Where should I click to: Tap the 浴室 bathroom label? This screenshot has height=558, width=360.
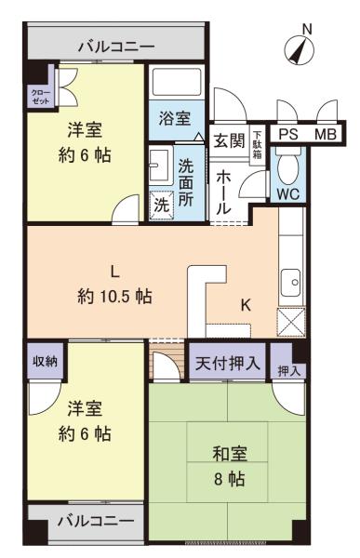175,118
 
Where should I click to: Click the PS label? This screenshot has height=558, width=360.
288,135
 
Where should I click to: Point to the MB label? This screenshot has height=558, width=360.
326,135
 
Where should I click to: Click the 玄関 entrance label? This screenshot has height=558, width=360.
229,140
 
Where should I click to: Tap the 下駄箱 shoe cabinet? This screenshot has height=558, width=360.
257,145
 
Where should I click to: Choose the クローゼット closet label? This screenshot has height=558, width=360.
41,97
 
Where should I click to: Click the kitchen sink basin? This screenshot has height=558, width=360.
291,283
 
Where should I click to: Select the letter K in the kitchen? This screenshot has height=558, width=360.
246,305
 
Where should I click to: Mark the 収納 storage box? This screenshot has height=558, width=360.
45,361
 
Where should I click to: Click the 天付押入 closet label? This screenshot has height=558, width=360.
228,363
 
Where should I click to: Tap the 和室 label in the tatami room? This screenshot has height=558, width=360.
230,454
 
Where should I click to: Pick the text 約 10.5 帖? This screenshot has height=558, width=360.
114,296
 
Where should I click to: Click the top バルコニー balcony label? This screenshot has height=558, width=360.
116,46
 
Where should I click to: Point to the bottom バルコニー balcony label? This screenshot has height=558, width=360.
96,521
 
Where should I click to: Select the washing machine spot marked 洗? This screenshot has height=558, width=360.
161,205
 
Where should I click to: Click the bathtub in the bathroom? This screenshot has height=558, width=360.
177,82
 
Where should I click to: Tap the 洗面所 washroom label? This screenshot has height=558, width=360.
186,182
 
